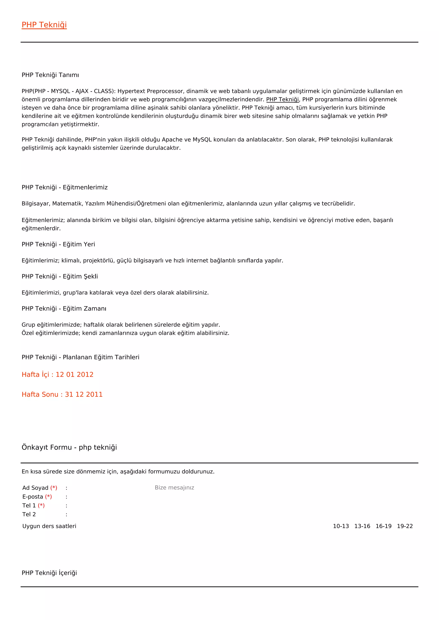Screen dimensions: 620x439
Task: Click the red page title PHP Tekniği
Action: coord(44,25)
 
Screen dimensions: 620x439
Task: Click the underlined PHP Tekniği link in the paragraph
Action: coord(283,99)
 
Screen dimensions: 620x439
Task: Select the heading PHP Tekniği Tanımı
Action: coord(50,75)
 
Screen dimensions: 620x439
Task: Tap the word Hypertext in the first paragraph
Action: coord(131,91)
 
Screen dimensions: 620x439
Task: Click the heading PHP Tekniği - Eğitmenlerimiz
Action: coord(65,187)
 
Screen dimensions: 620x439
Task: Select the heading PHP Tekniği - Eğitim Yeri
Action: coord(58,244)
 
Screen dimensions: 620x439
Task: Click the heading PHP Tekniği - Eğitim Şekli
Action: coord(60,277)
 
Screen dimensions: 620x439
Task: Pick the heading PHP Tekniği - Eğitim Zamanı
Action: coord(64,309)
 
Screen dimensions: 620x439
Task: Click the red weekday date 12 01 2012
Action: coord(74,374)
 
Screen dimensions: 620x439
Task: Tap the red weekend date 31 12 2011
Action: coord(84,395)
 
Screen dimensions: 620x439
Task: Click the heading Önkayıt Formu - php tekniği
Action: coord(69,447)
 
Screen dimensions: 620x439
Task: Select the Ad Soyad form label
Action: coord(35,488)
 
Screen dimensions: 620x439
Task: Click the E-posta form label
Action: coord(33,497)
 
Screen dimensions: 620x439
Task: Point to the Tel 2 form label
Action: coord(29,514)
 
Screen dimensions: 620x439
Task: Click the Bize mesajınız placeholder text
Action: coord(174,488)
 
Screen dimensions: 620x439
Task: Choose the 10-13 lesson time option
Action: coord(341,526)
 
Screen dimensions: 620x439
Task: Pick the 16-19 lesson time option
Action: coord(383,526)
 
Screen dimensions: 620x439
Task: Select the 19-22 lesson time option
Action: coord(405,526)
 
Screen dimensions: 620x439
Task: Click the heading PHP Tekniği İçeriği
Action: coord(49,573)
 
